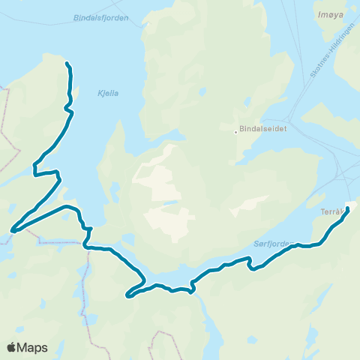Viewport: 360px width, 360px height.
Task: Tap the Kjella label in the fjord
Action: point(108,94)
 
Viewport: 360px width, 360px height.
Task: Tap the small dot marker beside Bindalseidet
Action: point(235,133)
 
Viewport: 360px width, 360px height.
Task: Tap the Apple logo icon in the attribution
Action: point(13,347)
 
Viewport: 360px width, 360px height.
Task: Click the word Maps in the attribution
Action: point(34,347)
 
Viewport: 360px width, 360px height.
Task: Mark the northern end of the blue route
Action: point(67,63)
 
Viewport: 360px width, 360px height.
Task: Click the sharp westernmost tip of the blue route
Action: point(11,231)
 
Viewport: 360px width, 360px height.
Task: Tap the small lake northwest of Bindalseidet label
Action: point(202,92)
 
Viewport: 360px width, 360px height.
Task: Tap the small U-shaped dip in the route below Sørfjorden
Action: point(253,267)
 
